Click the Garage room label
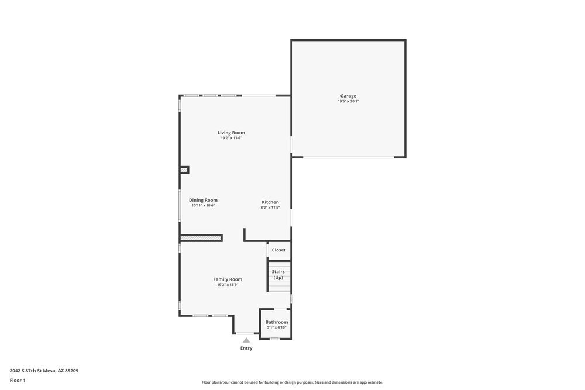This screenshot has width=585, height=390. [x=348, y=96]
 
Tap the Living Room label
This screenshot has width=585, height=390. [x=231, y=133]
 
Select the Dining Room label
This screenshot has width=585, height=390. [x=203, y=200]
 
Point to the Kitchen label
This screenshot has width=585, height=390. [x=270, y=202]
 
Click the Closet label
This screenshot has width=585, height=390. [x=279, y=250]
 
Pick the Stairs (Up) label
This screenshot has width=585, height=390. [x=278, y=274]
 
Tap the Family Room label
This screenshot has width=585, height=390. [x=228, y=279]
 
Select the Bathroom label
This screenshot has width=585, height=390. [x=277, y=322]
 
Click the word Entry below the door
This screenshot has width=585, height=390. [x=246, y=348]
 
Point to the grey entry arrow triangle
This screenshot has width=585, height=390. [x=246, y=340]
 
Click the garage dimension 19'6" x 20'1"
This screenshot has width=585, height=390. [x=348, y=102]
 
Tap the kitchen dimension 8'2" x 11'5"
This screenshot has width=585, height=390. [x=270, y=208]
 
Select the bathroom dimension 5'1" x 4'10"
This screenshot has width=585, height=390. [x=277, y=327]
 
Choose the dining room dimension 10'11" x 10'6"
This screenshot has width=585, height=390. [x=203, y=205]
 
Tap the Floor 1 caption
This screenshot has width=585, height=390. [x=18, y=380]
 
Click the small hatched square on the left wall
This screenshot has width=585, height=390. [x=184, y=170]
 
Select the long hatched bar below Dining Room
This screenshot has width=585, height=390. [x=201, y=238]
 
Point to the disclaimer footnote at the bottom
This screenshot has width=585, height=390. [x=292, y=382]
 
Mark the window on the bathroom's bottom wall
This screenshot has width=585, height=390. [x=274, y=339]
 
